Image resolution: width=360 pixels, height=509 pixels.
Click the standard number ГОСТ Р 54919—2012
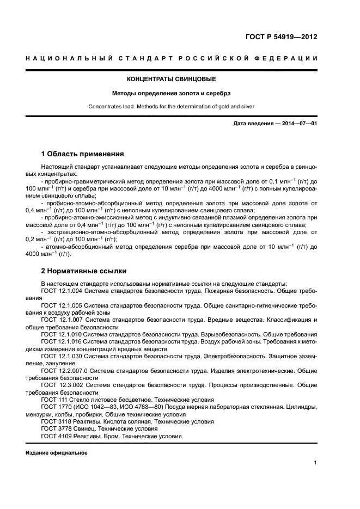[281, 38]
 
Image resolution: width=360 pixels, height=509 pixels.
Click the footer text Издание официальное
[56, 452]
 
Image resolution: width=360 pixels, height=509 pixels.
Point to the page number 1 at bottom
[315, 463]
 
